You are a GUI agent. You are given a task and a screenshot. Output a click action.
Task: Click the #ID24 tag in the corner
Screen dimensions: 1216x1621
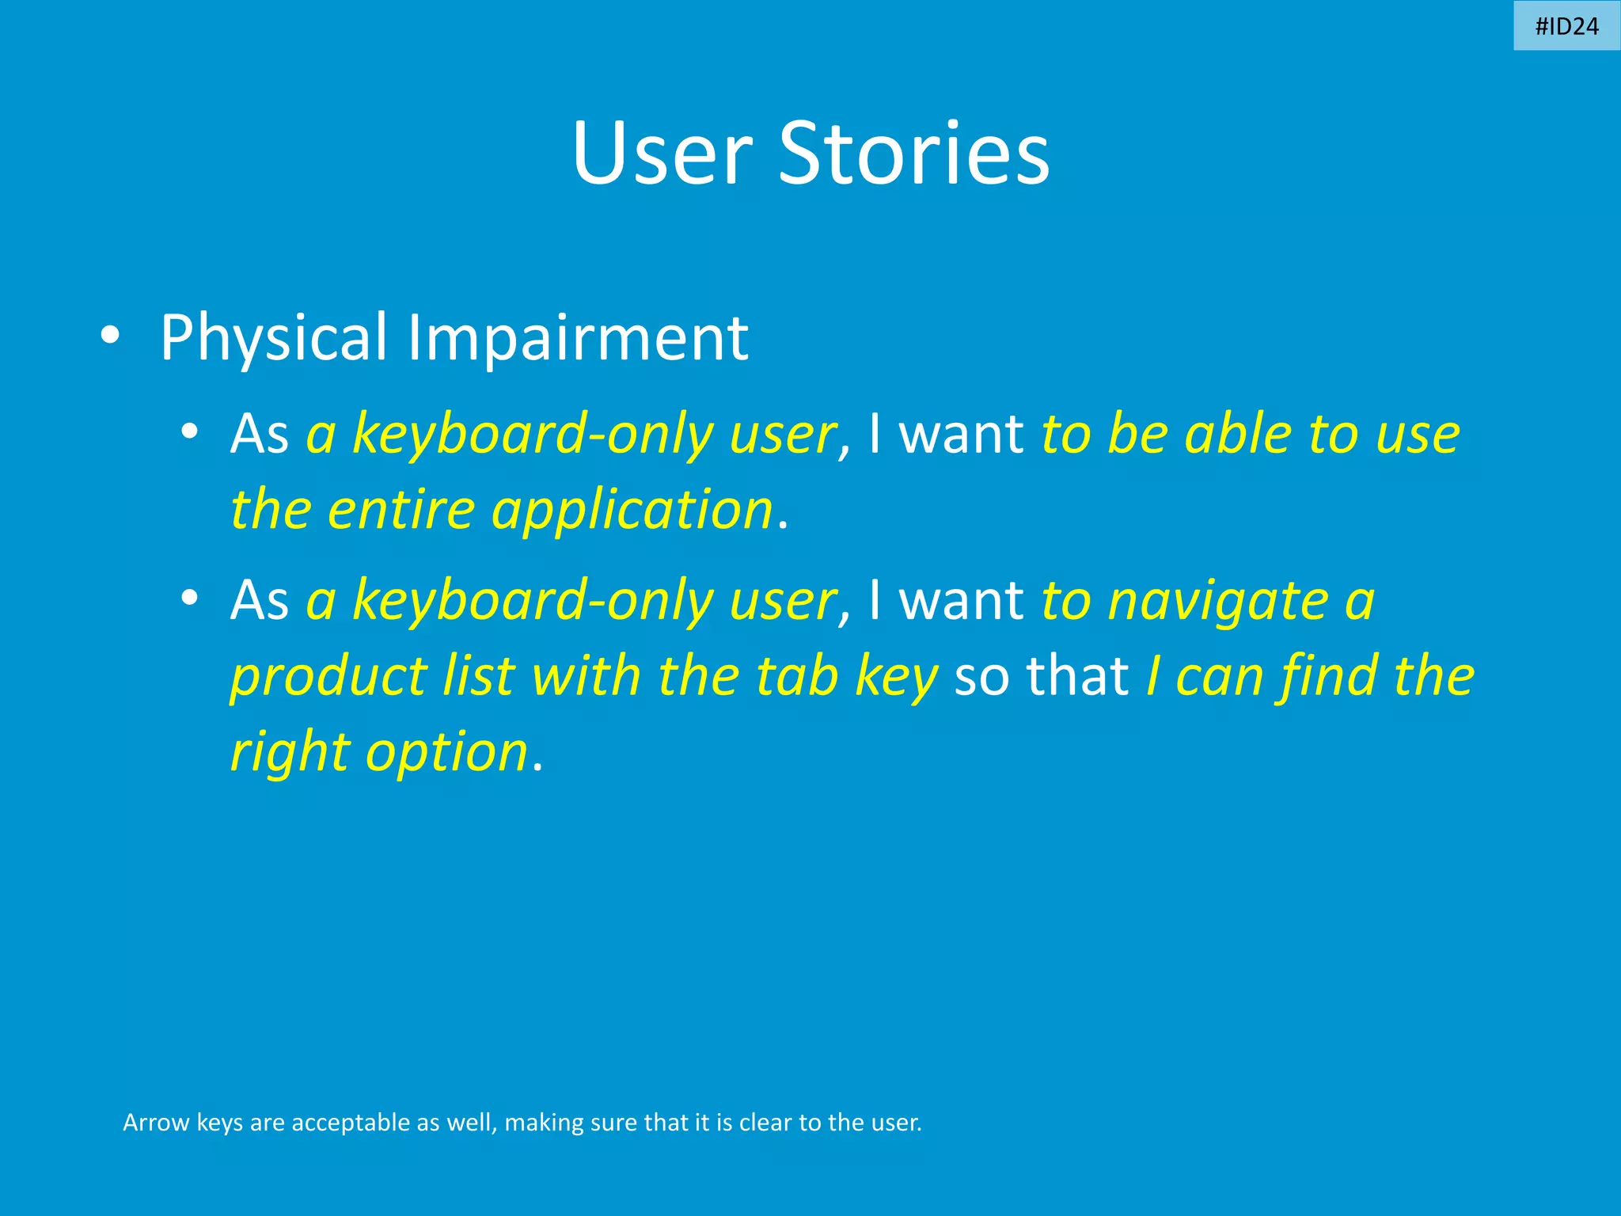pos(1566,26)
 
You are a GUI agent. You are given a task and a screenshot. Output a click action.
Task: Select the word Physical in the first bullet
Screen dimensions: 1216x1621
pos(273,339)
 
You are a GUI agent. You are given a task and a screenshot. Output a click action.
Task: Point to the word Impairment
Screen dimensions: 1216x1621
pos(578,339)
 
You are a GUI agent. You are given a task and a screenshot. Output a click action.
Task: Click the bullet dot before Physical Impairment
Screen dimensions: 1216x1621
pos(110,336)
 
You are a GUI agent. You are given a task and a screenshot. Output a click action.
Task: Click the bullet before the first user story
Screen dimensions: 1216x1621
pos(188,432)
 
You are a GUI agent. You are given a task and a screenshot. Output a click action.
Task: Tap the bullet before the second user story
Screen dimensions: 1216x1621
pos(188,598)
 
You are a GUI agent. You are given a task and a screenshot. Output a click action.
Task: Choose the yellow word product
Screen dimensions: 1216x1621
pos(328,678)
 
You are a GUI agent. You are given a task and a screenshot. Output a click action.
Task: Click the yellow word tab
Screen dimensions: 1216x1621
pos(796,676)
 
